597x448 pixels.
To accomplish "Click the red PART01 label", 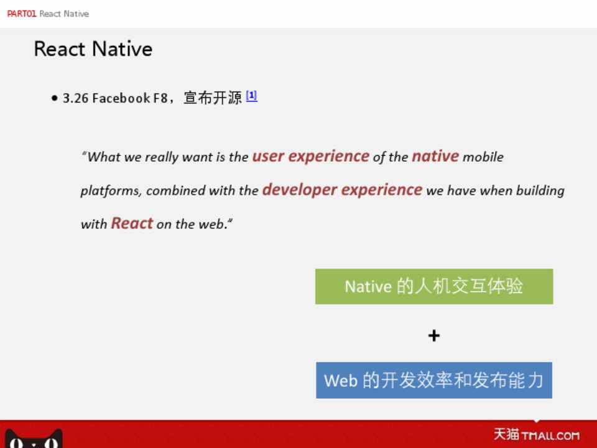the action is [x=22, y=14].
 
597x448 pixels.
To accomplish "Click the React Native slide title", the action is [x=93, y=49].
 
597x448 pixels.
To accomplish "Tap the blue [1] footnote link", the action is [x=252, y=96].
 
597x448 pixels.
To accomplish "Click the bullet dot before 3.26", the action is [x=55, y=98].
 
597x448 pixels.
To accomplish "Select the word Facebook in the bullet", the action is [x=121, y=98].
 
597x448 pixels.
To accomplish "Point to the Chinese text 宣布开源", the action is [x=213, y=98].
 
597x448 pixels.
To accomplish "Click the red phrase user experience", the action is [x=311, y=156].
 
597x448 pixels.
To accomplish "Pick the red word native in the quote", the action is [x=435, y=156].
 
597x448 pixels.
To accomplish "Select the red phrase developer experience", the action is [x=342, y=190].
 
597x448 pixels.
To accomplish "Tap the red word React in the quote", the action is [x=132, y=223].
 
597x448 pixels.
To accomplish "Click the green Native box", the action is [x=434, y=286].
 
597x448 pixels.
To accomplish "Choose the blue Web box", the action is [x=434, y=380].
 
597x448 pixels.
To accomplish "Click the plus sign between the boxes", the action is [x=434, y=335].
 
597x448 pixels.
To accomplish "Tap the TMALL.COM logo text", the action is [x=550, y=436].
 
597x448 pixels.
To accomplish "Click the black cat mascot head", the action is [x=34, y=439].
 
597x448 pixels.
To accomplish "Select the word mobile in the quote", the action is [x=483, y=157].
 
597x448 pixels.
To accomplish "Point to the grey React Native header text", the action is [x=64, y=14].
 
